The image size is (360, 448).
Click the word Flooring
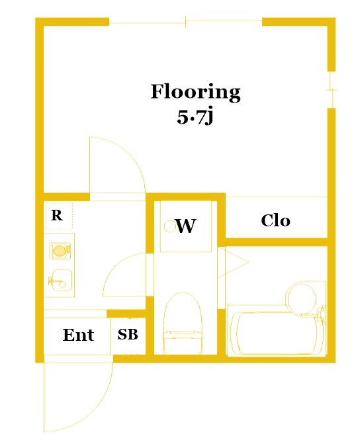coord(195,92)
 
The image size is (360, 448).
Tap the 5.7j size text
coord(195,117)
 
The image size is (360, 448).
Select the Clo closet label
coord(276,221)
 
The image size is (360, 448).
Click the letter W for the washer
coord(186,226)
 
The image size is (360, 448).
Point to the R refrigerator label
coord(57,216)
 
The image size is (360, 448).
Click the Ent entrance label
coord(78,335)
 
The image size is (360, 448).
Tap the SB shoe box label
coord(128,334)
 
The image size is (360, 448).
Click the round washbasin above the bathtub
coord(302,298)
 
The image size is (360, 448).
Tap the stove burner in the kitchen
coord(60,251)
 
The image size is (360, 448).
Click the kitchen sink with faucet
coord(60,281)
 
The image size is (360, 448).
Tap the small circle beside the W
coord(169,226)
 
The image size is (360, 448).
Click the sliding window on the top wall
coord(186,22)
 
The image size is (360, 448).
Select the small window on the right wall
coord(332,90)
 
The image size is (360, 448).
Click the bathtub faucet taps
coord(321,314)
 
